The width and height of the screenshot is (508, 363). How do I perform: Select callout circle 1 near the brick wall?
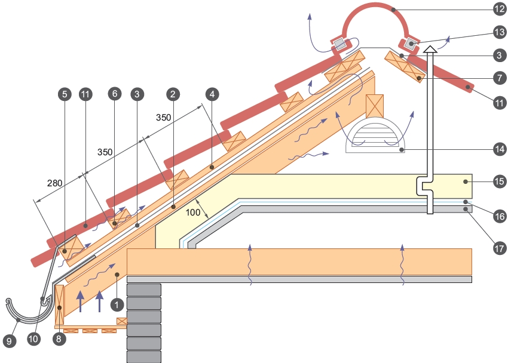(117, 304)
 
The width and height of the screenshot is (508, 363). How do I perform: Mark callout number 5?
(65, 94)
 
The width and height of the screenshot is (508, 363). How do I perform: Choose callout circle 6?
(115, 94)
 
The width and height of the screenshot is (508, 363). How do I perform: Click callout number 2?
(173, 94)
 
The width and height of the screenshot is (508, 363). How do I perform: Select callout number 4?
(211, 94)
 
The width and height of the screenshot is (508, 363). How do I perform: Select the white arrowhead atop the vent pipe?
(430, 50)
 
